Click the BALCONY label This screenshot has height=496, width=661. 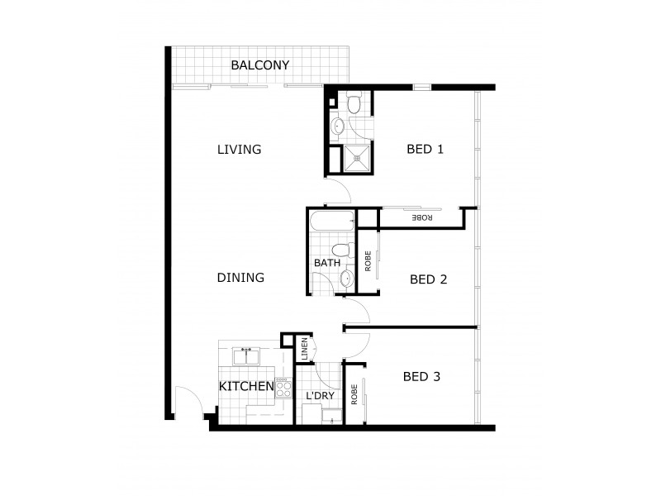click(260, 65)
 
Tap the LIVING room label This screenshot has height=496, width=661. click(239, 150)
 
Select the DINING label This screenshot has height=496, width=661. click(240, 278)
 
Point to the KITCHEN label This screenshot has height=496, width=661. click(246, 386)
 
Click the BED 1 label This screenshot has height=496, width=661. click(426, 150)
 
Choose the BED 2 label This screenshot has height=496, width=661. click(428, 279)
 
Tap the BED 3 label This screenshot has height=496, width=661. click(421, 377)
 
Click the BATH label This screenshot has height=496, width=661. click(326, 264)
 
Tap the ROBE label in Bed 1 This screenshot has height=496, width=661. click(422, 217)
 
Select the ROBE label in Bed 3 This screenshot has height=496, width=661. click(354, 393)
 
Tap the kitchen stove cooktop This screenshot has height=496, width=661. click(283, 388)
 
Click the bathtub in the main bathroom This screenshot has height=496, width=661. click(331, 222)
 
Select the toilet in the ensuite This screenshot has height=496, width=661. click(353, 103)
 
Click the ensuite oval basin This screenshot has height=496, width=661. click(338, 126)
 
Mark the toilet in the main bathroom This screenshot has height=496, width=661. click(340, 250)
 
